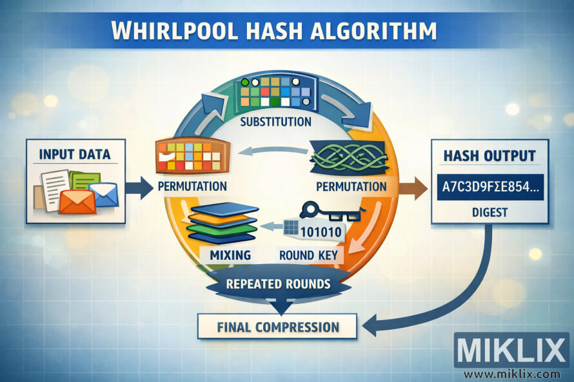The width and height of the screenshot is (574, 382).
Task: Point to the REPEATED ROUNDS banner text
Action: coord(279,283)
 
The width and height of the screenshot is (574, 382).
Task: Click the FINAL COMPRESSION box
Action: coord(277,327)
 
